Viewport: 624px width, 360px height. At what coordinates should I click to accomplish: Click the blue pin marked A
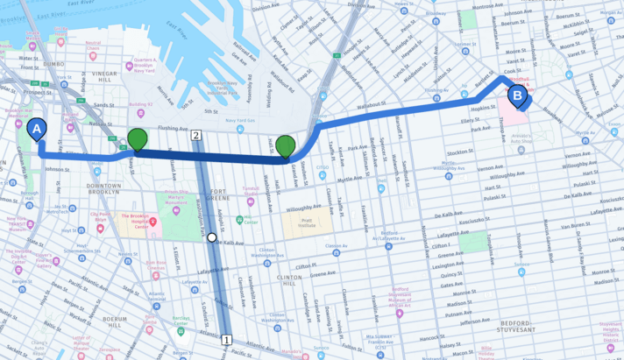pos(37,131)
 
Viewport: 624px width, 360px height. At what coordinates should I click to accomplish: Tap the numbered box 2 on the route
pos(196,136)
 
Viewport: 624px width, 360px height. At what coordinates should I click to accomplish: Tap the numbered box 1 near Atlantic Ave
pos(226,340)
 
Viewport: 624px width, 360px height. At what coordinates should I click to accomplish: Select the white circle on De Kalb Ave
pos(212,237)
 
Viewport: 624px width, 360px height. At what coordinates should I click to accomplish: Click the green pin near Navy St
pos(138,139)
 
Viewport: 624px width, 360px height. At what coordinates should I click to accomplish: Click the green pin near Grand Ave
pos(286,147)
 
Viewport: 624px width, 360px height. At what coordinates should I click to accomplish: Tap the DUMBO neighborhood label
pos(47,64)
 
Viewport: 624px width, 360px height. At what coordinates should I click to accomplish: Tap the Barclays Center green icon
pos(181,331)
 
